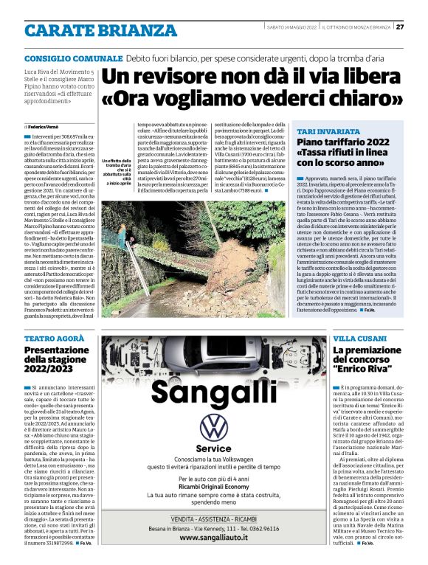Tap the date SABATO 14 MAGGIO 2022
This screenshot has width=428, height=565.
click(x=291, y=28)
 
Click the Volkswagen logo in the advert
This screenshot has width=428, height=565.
click(x=214, y=428)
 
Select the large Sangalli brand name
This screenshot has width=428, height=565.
click(x=214, y=392)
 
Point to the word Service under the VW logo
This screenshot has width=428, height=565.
click(x=214, y=448)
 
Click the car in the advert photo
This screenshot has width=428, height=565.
click(x=215, y=354)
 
